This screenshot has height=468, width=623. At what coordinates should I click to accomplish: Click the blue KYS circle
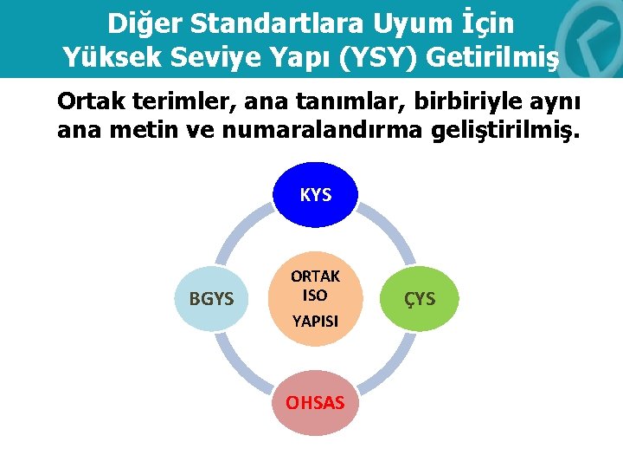315,195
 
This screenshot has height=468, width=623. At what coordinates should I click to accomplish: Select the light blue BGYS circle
212,299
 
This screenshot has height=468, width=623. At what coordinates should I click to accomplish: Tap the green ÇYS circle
420,299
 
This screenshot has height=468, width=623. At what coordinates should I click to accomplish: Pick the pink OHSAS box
315,402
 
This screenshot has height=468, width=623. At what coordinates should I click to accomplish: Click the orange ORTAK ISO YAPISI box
315,299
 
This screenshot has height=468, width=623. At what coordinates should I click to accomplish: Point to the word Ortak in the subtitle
91,101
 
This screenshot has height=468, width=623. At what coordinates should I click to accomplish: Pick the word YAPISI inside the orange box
315,322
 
